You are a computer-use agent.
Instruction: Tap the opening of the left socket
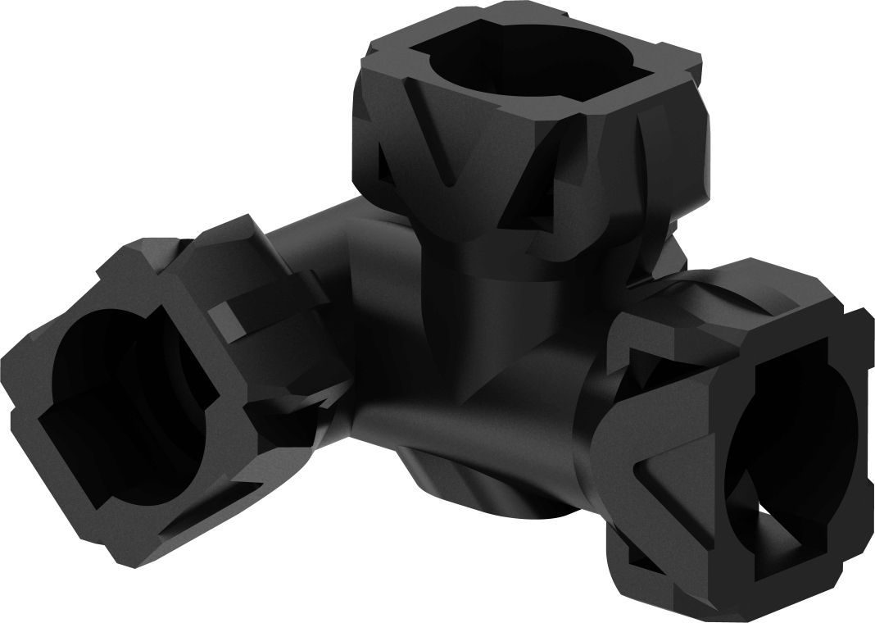click(115, 393)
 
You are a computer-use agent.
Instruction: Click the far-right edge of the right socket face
click(865, 410)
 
